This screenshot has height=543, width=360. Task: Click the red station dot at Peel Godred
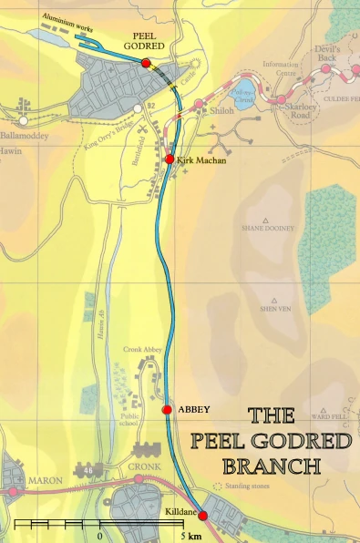(146, 62)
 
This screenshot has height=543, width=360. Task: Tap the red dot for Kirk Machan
(170, 159)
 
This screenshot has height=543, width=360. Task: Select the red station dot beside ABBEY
(167, 410)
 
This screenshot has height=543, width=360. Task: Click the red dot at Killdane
(202, 517)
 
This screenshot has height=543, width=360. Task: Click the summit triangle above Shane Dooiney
(266, 220)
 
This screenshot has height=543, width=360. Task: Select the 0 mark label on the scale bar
(98, 536)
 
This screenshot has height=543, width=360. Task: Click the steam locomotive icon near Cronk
(146, 449)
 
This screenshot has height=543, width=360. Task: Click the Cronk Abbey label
(142, 349)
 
